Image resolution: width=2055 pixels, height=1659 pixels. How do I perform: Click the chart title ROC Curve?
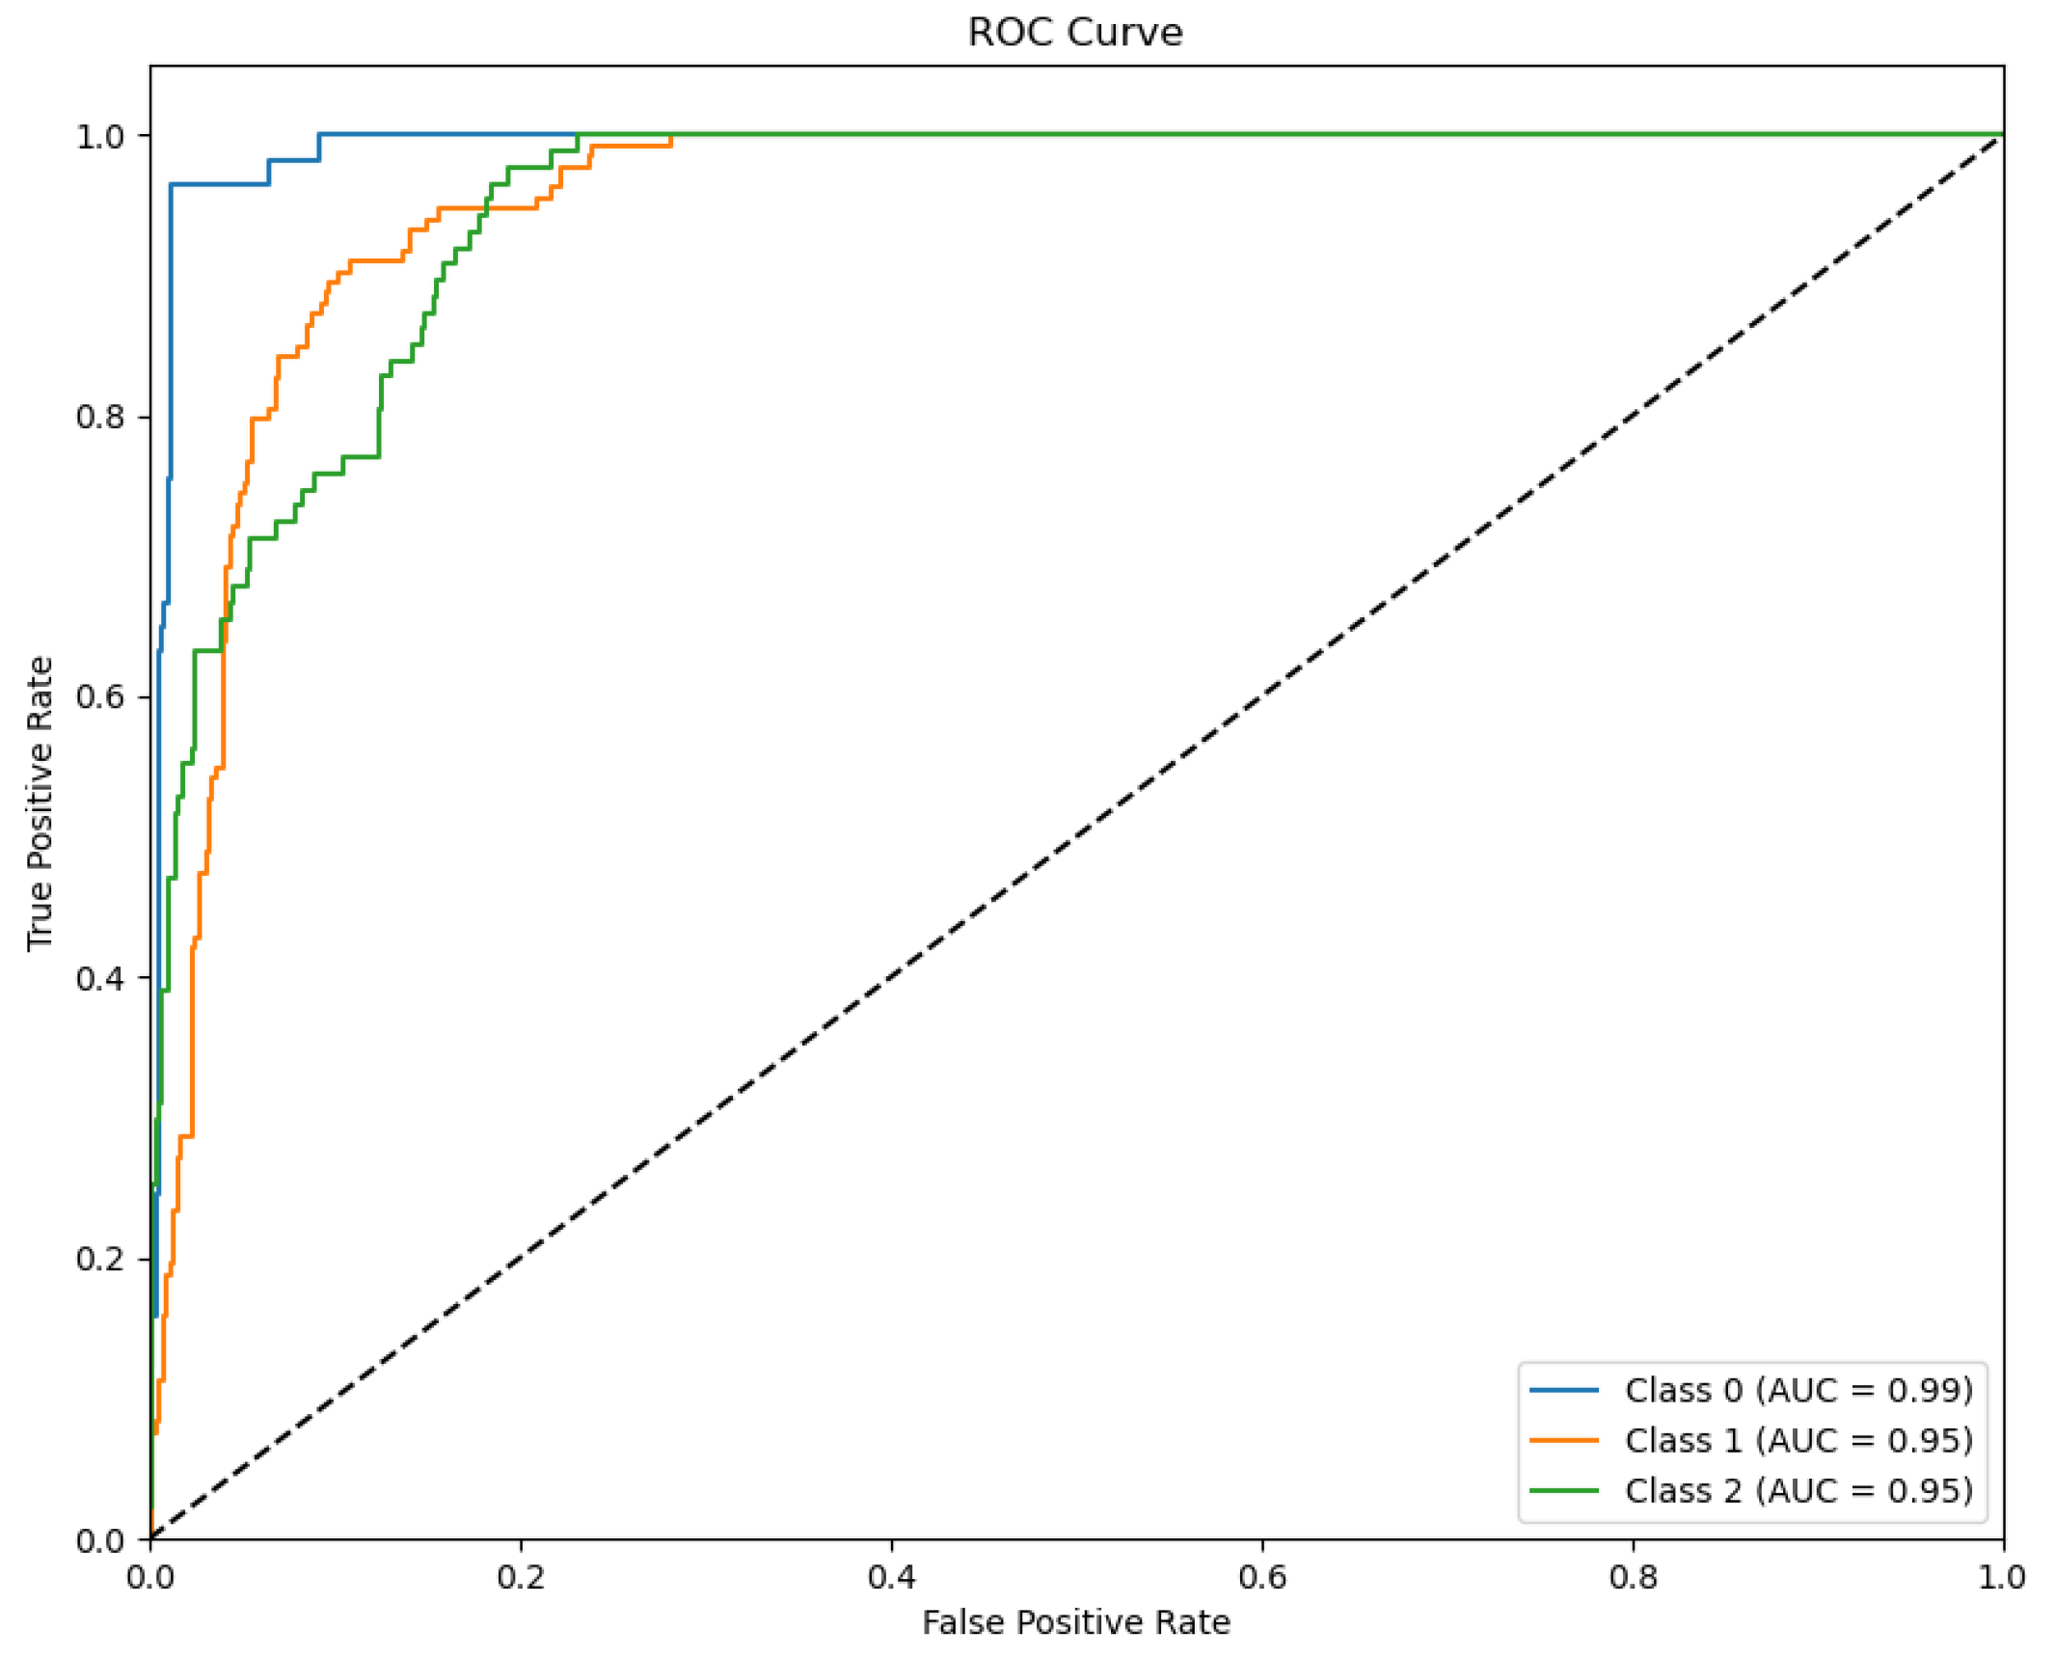coord(1074,33)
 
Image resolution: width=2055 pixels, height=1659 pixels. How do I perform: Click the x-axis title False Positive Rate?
coord(1075,1621)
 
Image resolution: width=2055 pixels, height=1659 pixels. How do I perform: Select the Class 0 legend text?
coord(1798,1390)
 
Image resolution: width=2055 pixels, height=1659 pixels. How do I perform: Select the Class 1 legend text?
coord(1798,1440)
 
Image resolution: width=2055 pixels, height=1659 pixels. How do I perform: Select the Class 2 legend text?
coord(1798,1490)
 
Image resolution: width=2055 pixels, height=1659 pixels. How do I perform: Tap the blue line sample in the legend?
coord(1563,1390)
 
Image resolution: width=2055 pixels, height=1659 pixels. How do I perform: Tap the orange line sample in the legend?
coord(1563,1440)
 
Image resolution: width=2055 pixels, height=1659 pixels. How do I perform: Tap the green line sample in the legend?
coord(1563,1490)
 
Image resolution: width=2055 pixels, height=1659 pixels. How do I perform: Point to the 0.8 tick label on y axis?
coord(100,417)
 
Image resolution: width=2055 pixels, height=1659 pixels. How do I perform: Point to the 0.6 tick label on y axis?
coord(100,696)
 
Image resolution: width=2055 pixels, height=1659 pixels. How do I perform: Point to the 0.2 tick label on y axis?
coord(100,1258)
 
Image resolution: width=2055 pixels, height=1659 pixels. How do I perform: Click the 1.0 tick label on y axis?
coord(100,136)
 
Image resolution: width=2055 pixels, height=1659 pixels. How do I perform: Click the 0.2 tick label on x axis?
coord(521,1577)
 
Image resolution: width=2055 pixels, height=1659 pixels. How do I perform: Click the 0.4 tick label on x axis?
coord(891,1577)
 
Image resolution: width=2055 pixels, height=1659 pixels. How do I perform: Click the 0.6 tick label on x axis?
coord(1261,1577)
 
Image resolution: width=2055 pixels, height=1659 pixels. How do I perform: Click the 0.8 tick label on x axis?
coord(1633,1577)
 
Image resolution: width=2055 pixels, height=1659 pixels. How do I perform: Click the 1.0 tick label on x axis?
coord(2002,1577)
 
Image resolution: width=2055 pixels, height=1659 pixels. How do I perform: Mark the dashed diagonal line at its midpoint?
coord(1076,836)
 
